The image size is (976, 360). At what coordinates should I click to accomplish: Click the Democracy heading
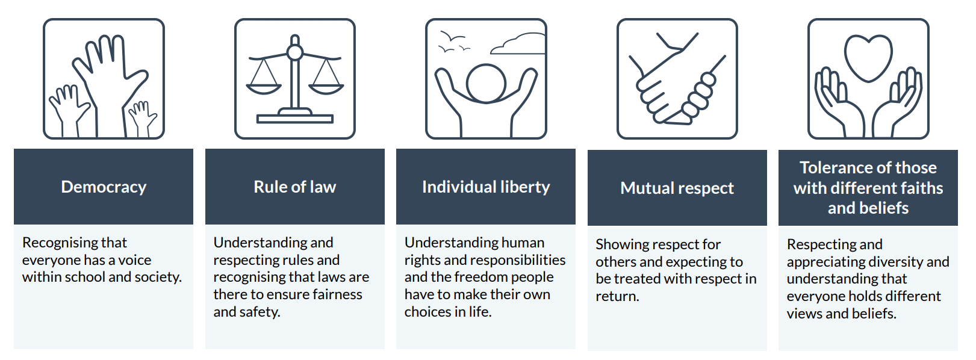click(104, 187)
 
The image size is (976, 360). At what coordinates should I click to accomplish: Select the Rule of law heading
click(295, 187)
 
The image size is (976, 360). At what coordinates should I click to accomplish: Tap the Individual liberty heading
click(486, 187)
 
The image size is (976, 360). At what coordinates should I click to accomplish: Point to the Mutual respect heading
click(677, 188)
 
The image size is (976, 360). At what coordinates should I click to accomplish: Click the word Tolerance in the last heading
click(830, 168)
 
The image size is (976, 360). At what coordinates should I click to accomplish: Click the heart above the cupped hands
click(868, 58)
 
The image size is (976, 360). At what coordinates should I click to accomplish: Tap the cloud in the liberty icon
click(518, 43)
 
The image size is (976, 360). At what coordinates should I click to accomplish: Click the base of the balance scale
click(295, 117)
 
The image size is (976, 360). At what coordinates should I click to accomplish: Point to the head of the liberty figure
click(486, 84)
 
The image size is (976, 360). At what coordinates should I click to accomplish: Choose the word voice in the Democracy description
click(135, 260)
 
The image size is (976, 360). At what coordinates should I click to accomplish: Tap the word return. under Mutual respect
click(617, 296)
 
